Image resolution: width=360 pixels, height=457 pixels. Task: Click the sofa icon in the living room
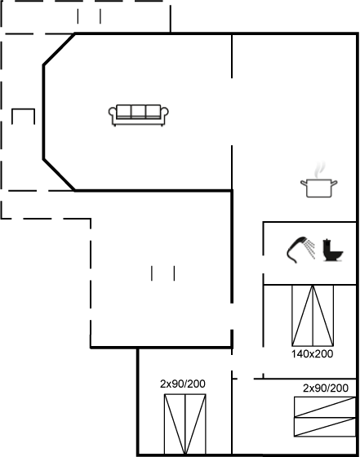click(139, 115)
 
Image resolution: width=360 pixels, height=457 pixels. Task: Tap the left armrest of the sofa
click(112, 114)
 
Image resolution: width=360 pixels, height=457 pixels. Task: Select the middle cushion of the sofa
click(139, 111)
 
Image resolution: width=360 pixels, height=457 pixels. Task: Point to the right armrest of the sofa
click(165, 114)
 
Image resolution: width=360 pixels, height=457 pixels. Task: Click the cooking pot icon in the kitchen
click(319, 188)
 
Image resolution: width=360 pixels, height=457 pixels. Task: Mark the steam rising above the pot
click(319, 170)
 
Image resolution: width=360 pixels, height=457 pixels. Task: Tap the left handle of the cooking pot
click(304, 183)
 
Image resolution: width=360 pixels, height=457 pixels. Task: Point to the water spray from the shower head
click(311, 249)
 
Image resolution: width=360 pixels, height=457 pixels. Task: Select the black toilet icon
click(332, 250)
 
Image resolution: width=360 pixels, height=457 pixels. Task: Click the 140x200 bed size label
click(312, 354)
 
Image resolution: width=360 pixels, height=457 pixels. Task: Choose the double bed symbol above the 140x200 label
click(313, 316)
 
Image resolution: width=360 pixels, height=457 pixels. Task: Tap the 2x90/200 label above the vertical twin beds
click(183, 384)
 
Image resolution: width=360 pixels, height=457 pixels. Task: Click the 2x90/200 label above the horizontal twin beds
click(326, 388)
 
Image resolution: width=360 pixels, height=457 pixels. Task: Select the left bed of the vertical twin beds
click(175, 424)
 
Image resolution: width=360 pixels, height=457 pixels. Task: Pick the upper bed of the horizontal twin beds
click(325, 407)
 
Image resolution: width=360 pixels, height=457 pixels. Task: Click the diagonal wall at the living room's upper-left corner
click(59, 50)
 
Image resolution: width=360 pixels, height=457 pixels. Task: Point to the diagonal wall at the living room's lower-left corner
click(59, 175)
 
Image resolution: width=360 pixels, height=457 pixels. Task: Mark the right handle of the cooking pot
click(334, 183)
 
